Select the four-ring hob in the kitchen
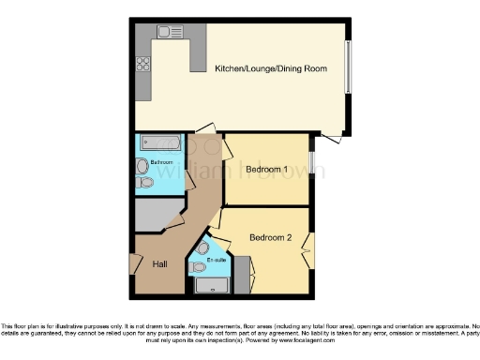click(x=143, y=64)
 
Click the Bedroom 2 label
click(x=270, y=238)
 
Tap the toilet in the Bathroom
click(x=143, y=183)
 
